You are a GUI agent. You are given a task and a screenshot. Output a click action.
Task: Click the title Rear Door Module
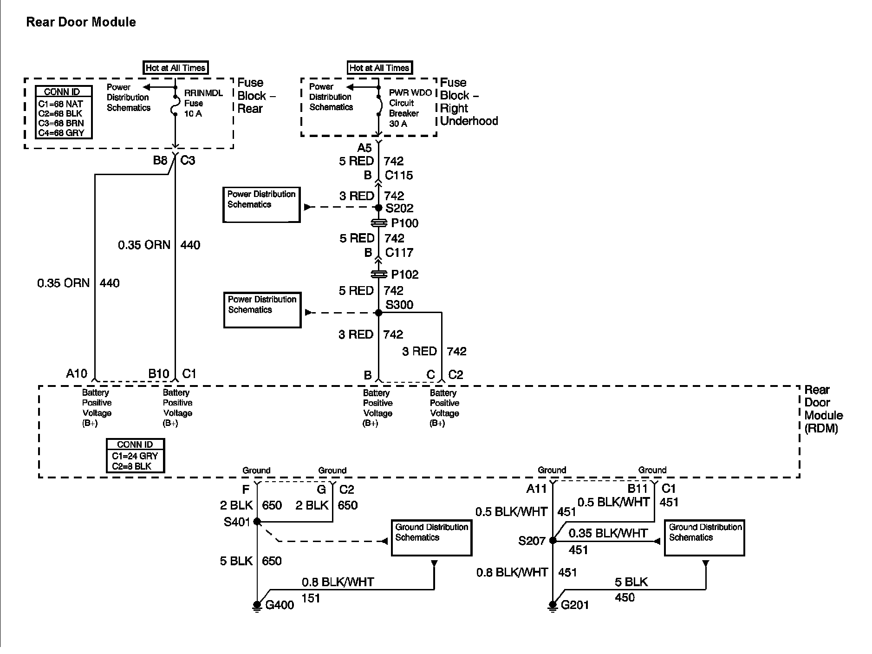[x=81, y=22]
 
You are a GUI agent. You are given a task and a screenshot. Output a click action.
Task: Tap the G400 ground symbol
[x=257, y=605]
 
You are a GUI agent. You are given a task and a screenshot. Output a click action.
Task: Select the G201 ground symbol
[x=553, y=605]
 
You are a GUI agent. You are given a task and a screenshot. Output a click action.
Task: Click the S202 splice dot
[x=378, y=208]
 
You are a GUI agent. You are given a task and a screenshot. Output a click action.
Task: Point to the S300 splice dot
[x=378, y=313]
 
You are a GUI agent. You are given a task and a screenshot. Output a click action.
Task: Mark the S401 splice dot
[x=257, y=522]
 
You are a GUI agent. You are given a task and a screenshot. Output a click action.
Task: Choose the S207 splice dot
[x=553, y=540]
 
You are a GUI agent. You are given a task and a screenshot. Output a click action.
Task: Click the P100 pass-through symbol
[x=379, y=223]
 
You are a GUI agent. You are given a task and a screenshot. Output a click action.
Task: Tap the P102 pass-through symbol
[x=379, y=275]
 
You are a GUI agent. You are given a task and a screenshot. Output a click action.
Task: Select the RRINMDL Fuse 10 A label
[x=203, y=103]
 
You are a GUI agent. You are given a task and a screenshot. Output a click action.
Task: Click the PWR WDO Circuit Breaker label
[x=410, y=108]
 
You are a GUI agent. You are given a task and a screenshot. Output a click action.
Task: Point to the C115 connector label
[x=399, y=175]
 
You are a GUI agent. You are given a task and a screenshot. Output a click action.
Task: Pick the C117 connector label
[x=399, y=253]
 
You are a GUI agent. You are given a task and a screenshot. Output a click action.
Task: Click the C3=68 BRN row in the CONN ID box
[x=61, y=123]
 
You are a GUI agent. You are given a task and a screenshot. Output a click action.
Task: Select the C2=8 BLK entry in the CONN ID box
[x=131, y=466]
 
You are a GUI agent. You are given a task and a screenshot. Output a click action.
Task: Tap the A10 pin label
[x=77, y=373]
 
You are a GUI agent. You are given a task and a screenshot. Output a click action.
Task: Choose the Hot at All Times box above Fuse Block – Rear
[x=176, y=68]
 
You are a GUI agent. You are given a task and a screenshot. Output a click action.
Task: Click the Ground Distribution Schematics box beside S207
[x=704, y=537]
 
